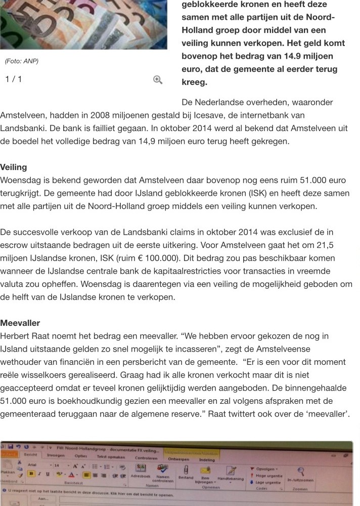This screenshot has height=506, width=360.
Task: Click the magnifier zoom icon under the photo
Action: coord(158,79)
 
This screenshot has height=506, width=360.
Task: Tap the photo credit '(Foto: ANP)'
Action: coord(22,61)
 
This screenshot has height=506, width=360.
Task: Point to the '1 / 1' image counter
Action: coord(14,79)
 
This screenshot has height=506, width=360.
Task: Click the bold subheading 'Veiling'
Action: coord(14,167)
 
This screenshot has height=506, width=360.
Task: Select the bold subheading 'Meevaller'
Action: coord(20,323)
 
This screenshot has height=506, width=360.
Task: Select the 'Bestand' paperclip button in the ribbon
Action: coord(186,475)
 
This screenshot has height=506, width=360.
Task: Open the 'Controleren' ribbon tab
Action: coord(146,457)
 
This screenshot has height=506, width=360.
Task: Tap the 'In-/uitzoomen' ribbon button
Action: coord(300,476)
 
